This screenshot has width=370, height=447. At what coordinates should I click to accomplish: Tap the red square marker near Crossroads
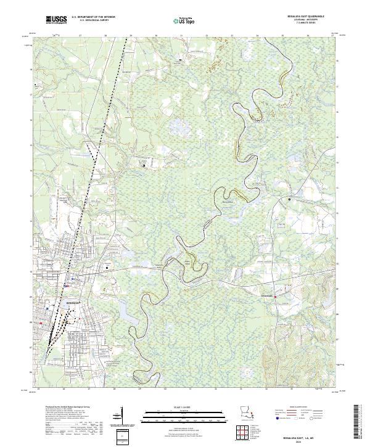(276, 297)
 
